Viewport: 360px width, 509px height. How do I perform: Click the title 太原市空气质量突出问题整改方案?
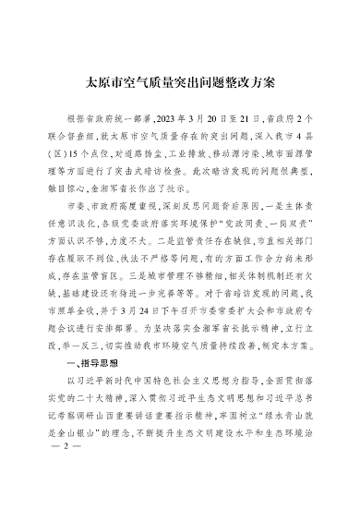pos(179,81)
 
